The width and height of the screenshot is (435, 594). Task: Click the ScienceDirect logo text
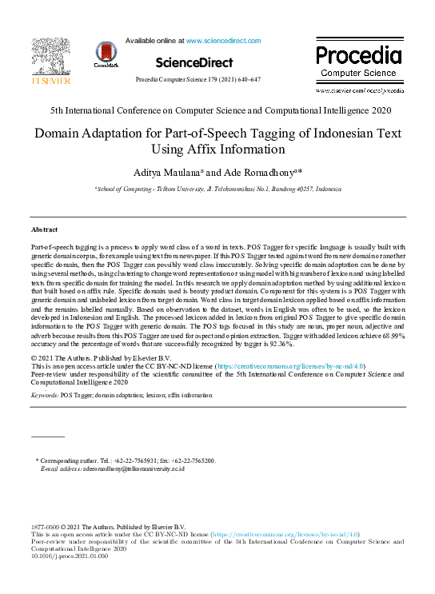(194, 62)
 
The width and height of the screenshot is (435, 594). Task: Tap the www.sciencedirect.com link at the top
(222, 39)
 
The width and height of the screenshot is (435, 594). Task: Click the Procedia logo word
(357, 56)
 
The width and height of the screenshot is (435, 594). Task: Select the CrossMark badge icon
(106, 54)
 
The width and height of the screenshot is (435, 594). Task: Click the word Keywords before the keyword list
(45, 395)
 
